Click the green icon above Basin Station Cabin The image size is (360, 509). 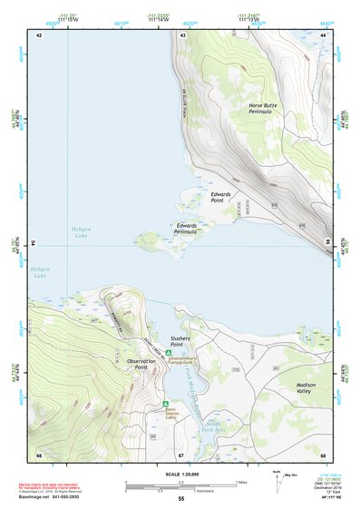tap(164, 405)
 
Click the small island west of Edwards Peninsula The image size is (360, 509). tap(147, 239)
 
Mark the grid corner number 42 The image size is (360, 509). tap(39, 34)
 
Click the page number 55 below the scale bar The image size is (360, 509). tap(180, 499)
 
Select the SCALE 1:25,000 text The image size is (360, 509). tap(180, 473)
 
